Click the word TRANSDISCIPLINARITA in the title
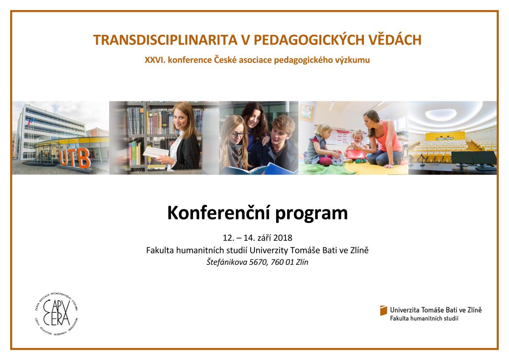point(165,40)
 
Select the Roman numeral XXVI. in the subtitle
point(155,60)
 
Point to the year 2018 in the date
point(282,238)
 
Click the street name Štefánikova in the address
point(227,262)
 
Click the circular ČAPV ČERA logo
point(56,314)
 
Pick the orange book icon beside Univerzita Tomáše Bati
point(383,310)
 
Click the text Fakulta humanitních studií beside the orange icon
point(424,319)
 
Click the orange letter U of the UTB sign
point(64,157)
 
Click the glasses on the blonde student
point(238,135)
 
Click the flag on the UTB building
point(30,122)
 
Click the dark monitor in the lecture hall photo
point(473,158)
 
